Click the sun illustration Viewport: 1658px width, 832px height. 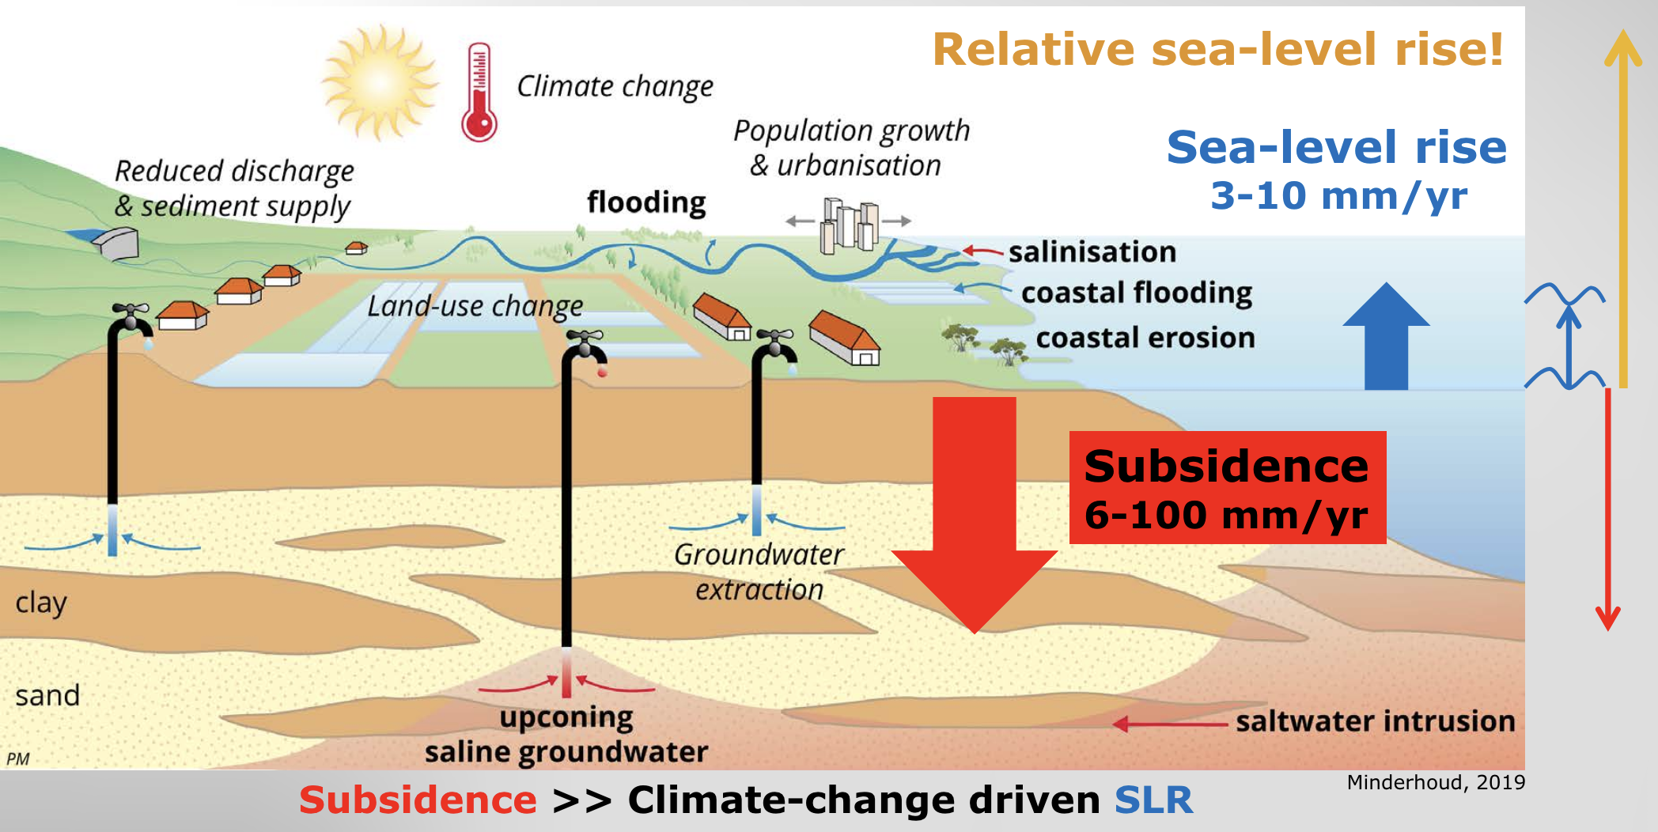(380, 82)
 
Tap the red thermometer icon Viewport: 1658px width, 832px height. (479, 93)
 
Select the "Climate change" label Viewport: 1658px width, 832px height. (615, 86)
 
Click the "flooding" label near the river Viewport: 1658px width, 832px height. (646, 202)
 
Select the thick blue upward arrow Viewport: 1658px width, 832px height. (1386, 336)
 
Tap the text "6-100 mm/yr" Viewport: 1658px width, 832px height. (1225, 516)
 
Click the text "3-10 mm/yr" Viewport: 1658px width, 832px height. (1338, 195)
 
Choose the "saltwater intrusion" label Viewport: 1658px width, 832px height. (1375, 721)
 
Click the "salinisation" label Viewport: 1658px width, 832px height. (1092, 251)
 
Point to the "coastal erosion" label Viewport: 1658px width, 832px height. (1145, 338)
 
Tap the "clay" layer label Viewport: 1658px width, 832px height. (41, 603)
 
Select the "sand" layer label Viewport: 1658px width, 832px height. (47, 696)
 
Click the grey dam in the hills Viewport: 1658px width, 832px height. (117, 243)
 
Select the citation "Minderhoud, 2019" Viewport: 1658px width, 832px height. (1435, 782)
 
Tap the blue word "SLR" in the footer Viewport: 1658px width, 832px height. (1153, 800)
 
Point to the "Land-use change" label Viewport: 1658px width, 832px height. (475, 306)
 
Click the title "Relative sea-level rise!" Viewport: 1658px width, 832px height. (1217, 49)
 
